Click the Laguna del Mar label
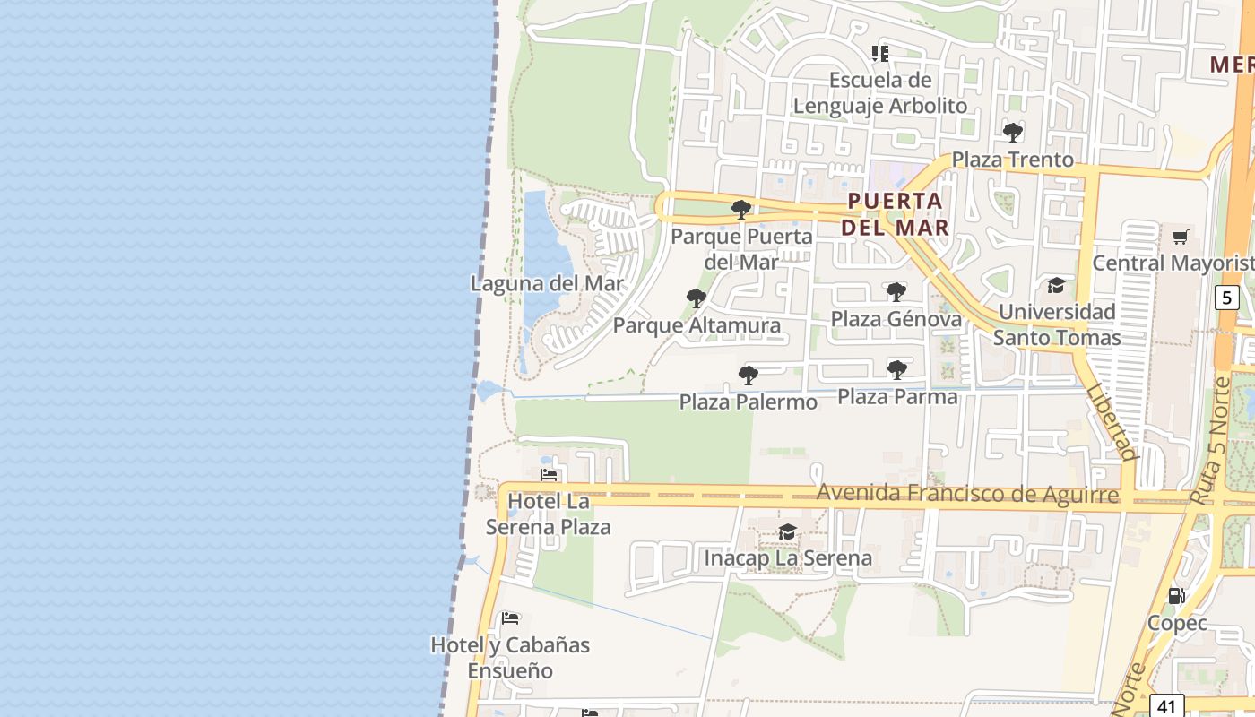pyautogui.click(x=547, y=283)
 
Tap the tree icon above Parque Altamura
pyautogui.click(x=696, y=298)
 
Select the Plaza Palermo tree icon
pyautogui.click(x=749, y=375)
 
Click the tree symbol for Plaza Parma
pyautogui.click(x=896, y=369)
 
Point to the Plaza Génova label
pyautogui.click(x=896, y=319)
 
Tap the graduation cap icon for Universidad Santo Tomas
pyautogui.click(x=1056, y=285)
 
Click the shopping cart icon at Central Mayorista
pyautogui.click(x=1181, y=237)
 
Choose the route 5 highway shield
pyautogui.click(x=1227, y=297)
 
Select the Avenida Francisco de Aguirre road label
pyautogui.click(x=968, y=494)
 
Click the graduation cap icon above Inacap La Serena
pyautogui.click(x=787, y=531)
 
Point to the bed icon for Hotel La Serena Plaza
pyautogui.click(x=549, y=474)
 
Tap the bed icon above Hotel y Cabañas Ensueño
pyautogui.click(x=510, y=618)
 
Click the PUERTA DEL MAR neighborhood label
pyautogui.click(x=895, y=213)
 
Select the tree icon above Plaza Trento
pyautogui.click(x=1013, y=133)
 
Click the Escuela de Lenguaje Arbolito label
pyautogui.click(x=879, y=92)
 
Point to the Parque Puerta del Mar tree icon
pyautogui.click(x=740, y=210)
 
